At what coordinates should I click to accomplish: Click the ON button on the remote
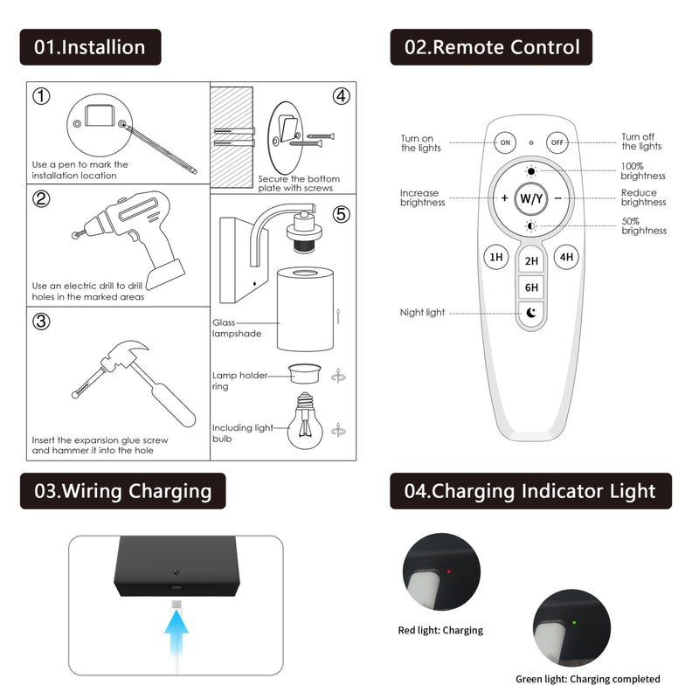pos(505,142)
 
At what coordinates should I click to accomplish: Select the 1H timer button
pos(496,257)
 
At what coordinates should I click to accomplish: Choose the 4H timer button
pos(567,257)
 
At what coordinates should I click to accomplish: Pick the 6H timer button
pos(531,287)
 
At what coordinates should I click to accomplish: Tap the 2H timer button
pos(531,261)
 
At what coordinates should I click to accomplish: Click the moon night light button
pos(531,313)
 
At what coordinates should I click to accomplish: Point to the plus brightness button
pos(504,197)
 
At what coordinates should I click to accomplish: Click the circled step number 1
pos(42,95)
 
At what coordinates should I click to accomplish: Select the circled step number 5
pos(341,213)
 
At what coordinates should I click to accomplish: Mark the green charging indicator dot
pos(573,623)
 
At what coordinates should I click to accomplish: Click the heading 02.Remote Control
pos(491,47)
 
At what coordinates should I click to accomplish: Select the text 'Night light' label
pos(422,313)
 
